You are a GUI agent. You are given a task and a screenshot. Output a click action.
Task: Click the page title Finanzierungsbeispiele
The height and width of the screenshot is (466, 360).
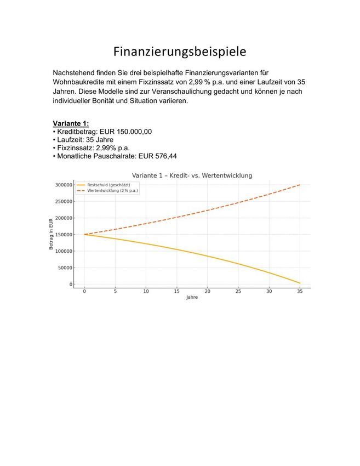point(180,52)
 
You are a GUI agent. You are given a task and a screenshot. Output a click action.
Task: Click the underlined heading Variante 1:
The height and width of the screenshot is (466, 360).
point(71,123)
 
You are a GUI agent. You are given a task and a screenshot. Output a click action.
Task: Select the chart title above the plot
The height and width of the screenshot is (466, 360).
point(192,175)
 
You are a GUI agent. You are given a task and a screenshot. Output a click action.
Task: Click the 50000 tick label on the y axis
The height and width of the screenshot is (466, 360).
point(64,268)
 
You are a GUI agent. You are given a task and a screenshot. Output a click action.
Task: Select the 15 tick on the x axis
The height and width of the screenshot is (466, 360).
point(176,292)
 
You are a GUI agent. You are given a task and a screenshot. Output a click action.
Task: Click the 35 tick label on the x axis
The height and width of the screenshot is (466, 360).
point(299,292)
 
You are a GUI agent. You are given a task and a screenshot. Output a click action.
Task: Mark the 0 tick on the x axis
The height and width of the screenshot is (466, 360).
point(84,292)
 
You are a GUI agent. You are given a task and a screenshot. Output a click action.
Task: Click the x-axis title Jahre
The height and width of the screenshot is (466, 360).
point(192,298)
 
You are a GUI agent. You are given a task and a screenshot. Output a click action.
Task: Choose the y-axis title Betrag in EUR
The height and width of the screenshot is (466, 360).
point(51,235)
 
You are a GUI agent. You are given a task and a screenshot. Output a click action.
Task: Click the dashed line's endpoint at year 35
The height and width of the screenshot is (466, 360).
point(299,185)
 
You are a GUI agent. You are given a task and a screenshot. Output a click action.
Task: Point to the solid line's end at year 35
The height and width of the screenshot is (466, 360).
point(299,283)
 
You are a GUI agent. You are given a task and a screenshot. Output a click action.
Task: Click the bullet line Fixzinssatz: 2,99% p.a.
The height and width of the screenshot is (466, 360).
point(93,148)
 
